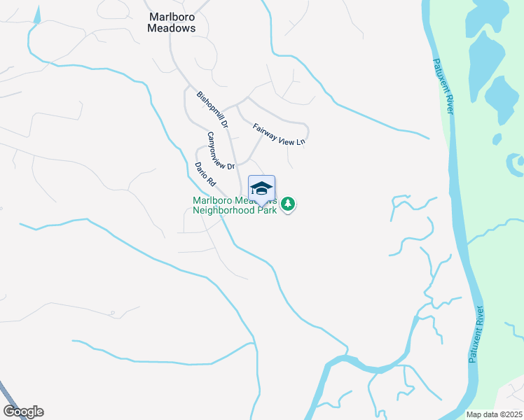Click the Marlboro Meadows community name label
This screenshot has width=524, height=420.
(172, 22)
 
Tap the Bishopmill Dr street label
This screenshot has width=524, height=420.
(212, 109)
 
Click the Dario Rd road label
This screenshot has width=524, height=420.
(205, 173)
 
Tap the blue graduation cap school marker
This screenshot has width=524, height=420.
(261, 189)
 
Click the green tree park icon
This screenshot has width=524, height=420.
(288, 204)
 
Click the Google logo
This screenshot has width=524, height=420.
(23, 412)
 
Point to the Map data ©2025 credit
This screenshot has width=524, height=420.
(494, 414)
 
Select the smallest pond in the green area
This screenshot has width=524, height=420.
(497, 139)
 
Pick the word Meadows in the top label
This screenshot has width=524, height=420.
(172, 29)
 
